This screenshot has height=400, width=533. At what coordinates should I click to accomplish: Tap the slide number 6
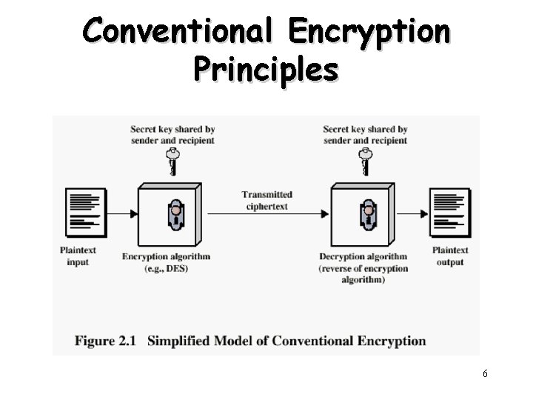tap(485, 374)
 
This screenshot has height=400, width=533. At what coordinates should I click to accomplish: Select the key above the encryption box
tap(173, 161)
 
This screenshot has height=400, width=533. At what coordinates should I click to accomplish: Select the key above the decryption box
tap(365, 161)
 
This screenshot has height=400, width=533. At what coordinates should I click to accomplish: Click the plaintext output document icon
tap(450, 210)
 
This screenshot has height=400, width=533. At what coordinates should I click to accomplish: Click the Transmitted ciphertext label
tap(267, 200)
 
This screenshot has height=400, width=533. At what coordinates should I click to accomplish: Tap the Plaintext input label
tap(78, 256)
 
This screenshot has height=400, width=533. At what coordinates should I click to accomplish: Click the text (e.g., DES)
tap(166, 268)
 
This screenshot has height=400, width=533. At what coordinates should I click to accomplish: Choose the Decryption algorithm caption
tap(363, 257)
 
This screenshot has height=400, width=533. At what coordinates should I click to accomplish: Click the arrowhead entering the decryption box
tap(325, 214)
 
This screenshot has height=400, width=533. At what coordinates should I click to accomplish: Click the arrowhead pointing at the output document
tap(424, 214)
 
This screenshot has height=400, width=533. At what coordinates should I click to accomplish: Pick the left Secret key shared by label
tap(172, 135)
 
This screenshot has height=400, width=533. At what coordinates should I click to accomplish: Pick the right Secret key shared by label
tap(365, 135)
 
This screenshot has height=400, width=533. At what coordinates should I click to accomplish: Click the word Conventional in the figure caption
tap(314, 341)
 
